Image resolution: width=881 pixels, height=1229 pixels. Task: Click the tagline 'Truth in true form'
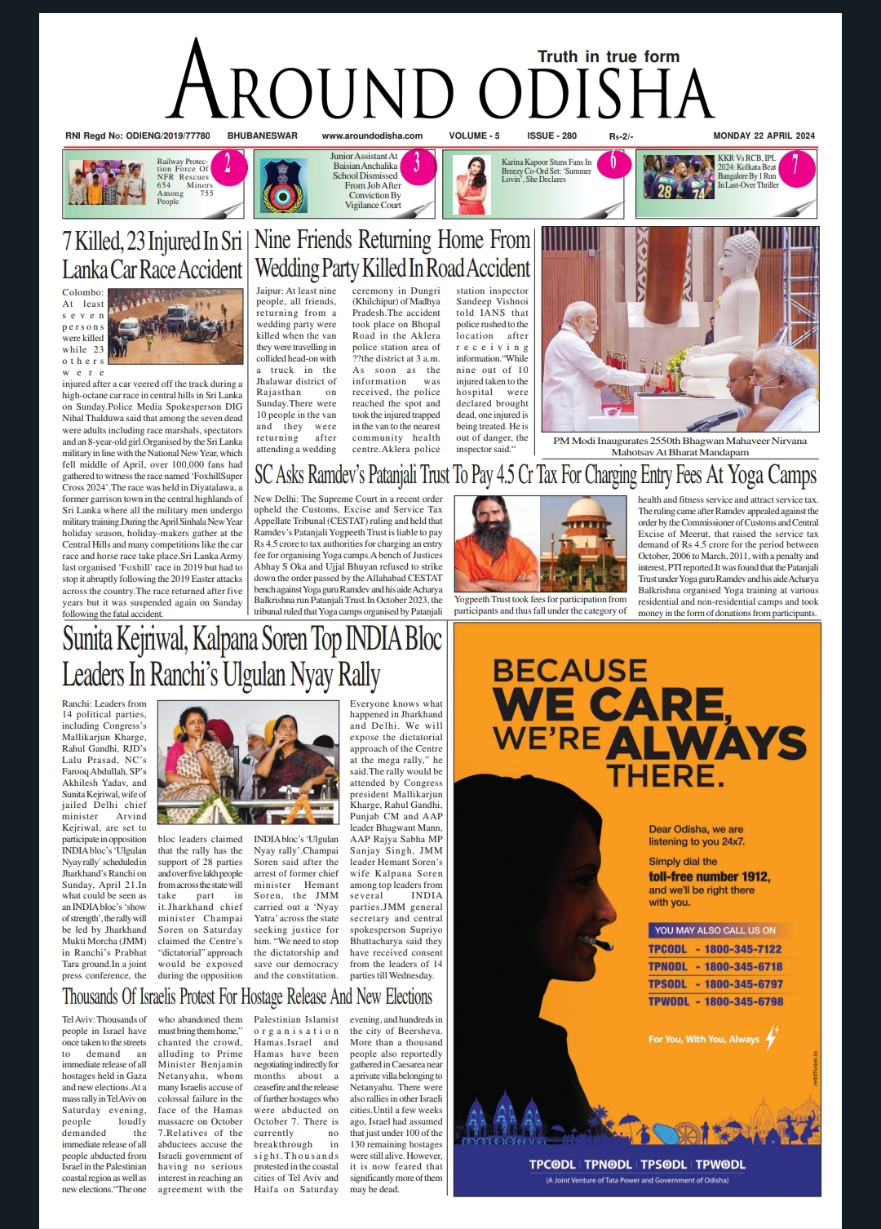pos(608,56)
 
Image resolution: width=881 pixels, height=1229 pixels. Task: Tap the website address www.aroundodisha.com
pos(372,135)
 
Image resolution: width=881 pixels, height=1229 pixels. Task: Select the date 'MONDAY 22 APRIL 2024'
pos(764,135)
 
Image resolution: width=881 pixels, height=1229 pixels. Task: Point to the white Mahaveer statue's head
pos(742,252)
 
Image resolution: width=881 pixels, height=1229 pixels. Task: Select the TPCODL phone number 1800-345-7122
pos(743,949)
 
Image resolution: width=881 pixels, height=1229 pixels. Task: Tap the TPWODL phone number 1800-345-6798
pos(743,1001)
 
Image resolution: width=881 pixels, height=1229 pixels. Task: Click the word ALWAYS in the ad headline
pos(706,743)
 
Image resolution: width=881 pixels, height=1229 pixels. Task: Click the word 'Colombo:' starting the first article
pos(82,292)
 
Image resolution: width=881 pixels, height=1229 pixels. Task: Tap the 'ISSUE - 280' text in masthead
pos(551,135)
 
